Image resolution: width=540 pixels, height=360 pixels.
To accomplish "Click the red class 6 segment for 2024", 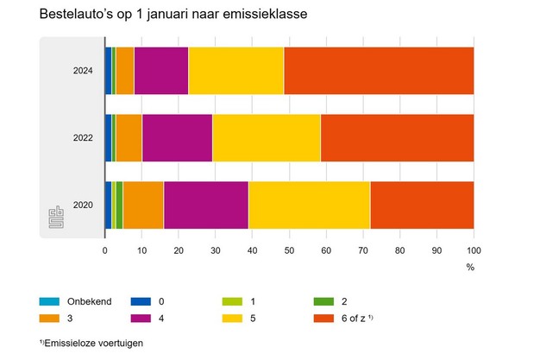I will click(378, 70).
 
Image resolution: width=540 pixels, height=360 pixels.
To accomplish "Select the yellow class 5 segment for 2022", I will click(267, 137).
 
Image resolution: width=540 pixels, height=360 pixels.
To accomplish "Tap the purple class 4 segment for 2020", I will click(206, 205).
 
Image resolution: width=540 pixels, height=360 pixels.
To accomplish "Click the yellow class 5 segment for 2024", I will click(235, 70).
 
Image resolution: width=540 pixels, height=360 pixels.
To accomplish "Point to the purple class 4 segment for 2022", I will click(177, 137).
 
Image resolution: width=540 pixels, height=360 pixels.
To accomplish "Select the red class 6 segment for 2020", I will click(422, 205).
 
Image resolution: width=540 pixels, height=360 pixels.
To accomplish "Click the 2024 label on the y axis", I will click(83, 70).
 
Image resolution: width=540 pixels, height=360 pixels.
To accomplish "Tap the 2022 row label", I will click(83, 137).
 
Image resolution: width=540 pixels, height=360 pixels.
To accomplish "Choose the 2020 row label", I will click(83, 205).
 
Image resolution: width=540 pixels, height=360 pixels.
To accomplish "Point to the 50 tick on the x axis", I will click(289, 250).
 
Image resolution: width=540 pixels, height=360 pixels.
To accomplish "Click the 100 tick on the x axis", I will click(473, 250).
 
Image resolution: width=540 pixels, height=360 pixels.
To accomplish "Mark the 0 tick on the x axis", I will click(105, 250).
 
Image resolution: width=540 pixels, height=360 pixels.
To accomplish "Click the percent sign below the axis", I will click(470, 268).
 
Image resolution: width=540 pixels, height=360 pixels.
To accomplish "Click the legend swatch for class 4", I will click(141, 319).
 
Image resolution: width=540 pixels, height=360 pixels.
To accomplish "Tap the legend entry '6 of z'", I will click(356, 319).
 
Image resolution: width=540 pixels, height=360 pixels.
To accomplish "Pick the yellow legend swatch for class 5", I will click(230, 319).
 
